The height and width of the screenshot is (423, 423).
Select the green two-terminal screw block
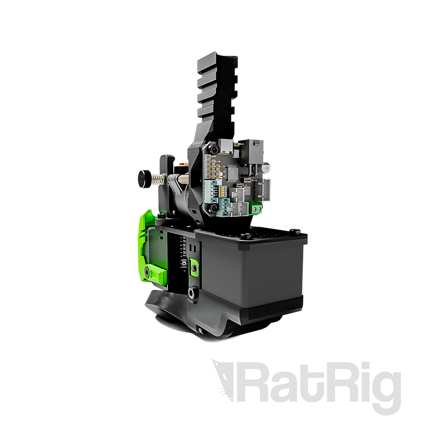coord(256,208)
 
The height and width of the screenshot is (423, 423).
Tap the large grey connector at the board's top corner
coord(256,148)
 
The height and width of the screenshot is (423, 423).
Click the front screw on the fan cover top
coord(243,235)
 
